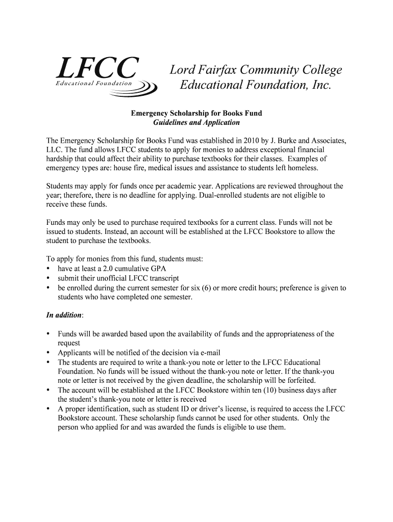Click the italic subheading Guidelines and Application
pyautogui.click(x=196, y=122)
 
